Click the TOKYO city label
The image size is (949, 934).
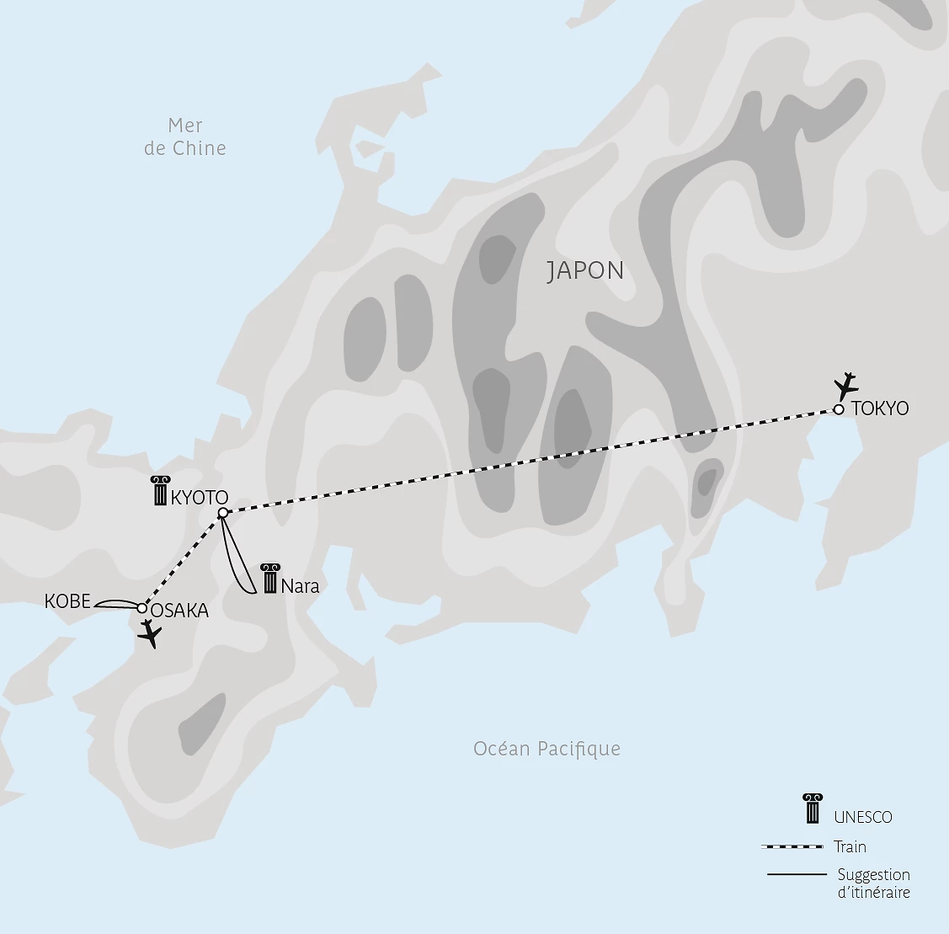pos(880,408)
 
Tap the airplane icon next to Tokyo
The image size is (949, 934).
pos(845,386)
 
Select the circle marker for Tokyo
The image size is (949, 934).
pos(839,409)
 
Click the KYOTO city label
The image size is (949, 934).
pos(199,497)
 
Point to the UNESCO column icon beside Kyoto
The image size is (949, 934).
pos(159,490)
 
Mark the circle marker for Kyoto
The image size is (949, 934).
pos(222,513)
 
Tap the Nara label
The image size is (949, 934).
pos(301,586)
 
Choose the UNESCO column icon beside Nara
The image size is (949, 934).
pos(269,579)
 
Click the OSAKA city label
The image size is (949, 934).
pos(179,611)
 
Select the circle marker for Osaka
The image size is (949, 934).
pos(141,608)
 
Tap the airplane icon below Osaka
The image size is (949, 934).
pos(151,634)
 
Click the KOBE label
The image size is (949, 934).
pos(67,601)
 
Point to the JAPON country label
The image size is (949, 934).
pos(585,270)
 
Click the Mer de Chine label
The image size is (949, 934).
pos(185,136)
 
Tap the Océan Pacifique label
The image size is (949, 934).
pos(546,749)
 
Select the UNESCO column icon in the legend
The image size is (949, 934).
pos(813,809)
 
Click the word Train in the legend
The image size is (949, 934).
pos(850,846)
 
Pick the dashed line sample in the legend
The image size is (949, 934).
pos(791,846)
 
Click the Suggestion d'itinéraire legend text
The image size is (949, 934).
pos(873,883)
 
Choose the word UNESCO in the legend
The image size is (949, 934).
pos(862,817)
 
